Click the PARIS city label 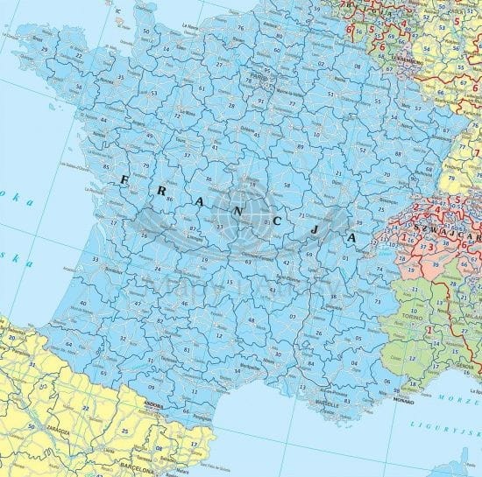pyautogui.click(x=257, y=76)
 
